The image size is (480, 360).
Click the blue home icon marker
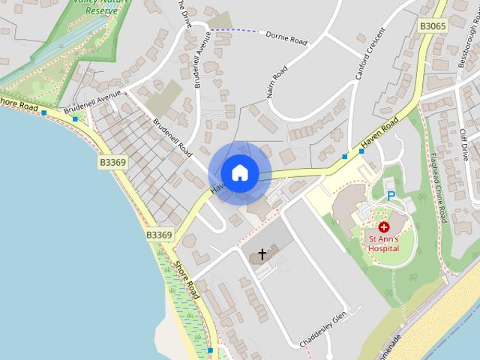(x=239, y=172)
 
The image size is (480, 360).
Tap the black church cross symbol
(x=262, y=254)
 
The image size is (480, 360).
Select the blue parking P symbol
(x=390, y=196)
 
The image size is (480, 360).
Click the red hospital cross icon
(x=384, y=226)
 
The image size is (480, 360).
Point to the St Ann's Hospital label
(x=383, y=244)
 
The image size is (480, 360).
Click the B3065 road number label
(x=433, y=26)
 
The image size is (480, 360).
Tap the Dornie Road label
(x=286, y=37)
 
